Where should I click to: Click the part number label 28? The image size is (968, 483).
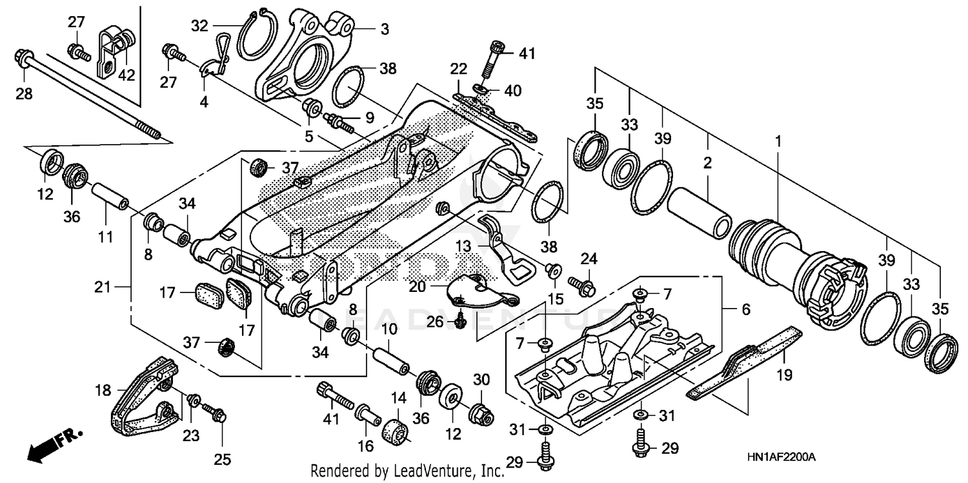pyautogui.click(x=24, y=95)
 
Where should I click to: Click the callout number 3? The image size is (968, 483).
pyautogui.click(x=384, y=29)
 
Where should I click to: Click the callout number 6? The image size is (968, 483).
pyautogui.click(x=745, y=310)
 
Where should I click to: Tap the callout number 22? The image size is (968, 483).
pyautogui.click(x=458, y=69)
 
